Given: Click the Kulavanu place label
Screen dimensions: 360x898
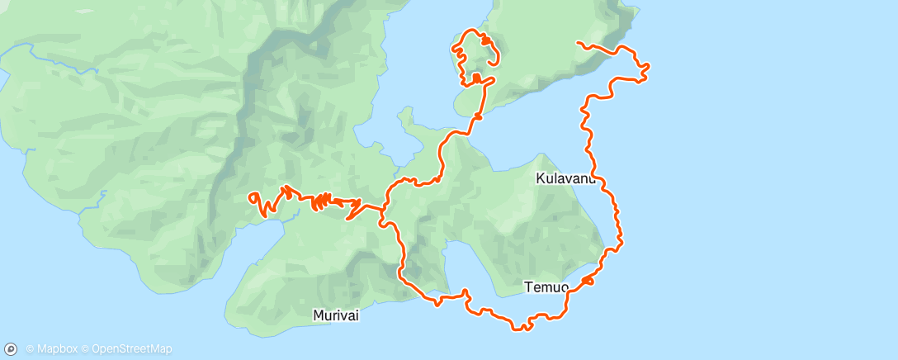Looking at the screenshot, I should click(x=565, y=178).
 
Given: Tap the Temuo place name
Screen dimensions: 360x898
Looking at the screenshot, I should click(x=546, y=287).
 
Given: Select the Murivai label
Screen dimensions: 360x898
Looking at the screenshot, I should click(x=336, y=315).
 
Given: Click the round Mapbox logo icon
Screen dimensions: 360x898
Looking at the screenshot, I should click(x=11, y=348).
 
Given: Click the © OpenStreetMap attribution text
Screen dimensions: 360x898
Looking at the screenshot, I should click(x=131, y=348).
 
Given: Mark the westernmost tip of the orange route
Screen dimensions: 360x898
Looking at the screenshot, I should click(x=249, y=197).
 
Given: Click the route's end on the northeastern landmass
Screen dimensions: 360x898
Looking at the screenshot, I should click(x=578, y=41).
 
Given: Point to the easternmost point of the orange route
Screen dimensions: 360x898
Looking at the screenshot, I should click(x=648, y=64).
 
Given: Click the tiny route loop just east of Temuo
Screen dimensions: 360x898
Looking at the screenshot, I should click(x=588, y=282).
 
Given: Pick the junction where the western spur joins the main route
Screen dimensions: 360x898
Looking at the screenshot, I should click(x=383, y=208).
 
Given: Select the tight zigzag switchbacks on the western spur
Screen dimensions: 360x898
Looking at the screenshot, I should click(x=322, y=200).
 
